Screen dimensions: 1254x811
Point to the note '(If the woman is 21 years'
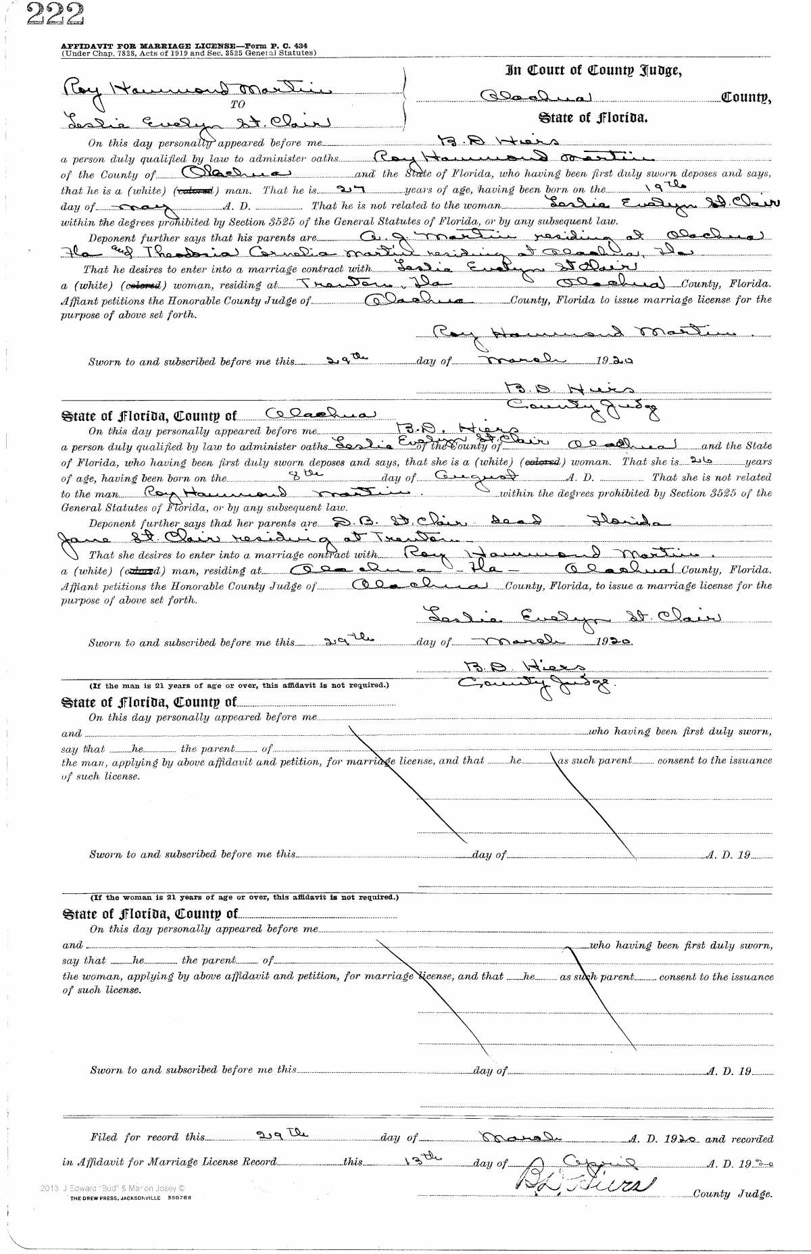[x=245, y=897]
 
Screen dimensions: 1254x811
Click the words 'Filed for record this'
[x=147, y=1138]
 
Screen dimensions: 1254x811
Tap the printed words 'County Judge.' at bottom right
[x=733, y=1194]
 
